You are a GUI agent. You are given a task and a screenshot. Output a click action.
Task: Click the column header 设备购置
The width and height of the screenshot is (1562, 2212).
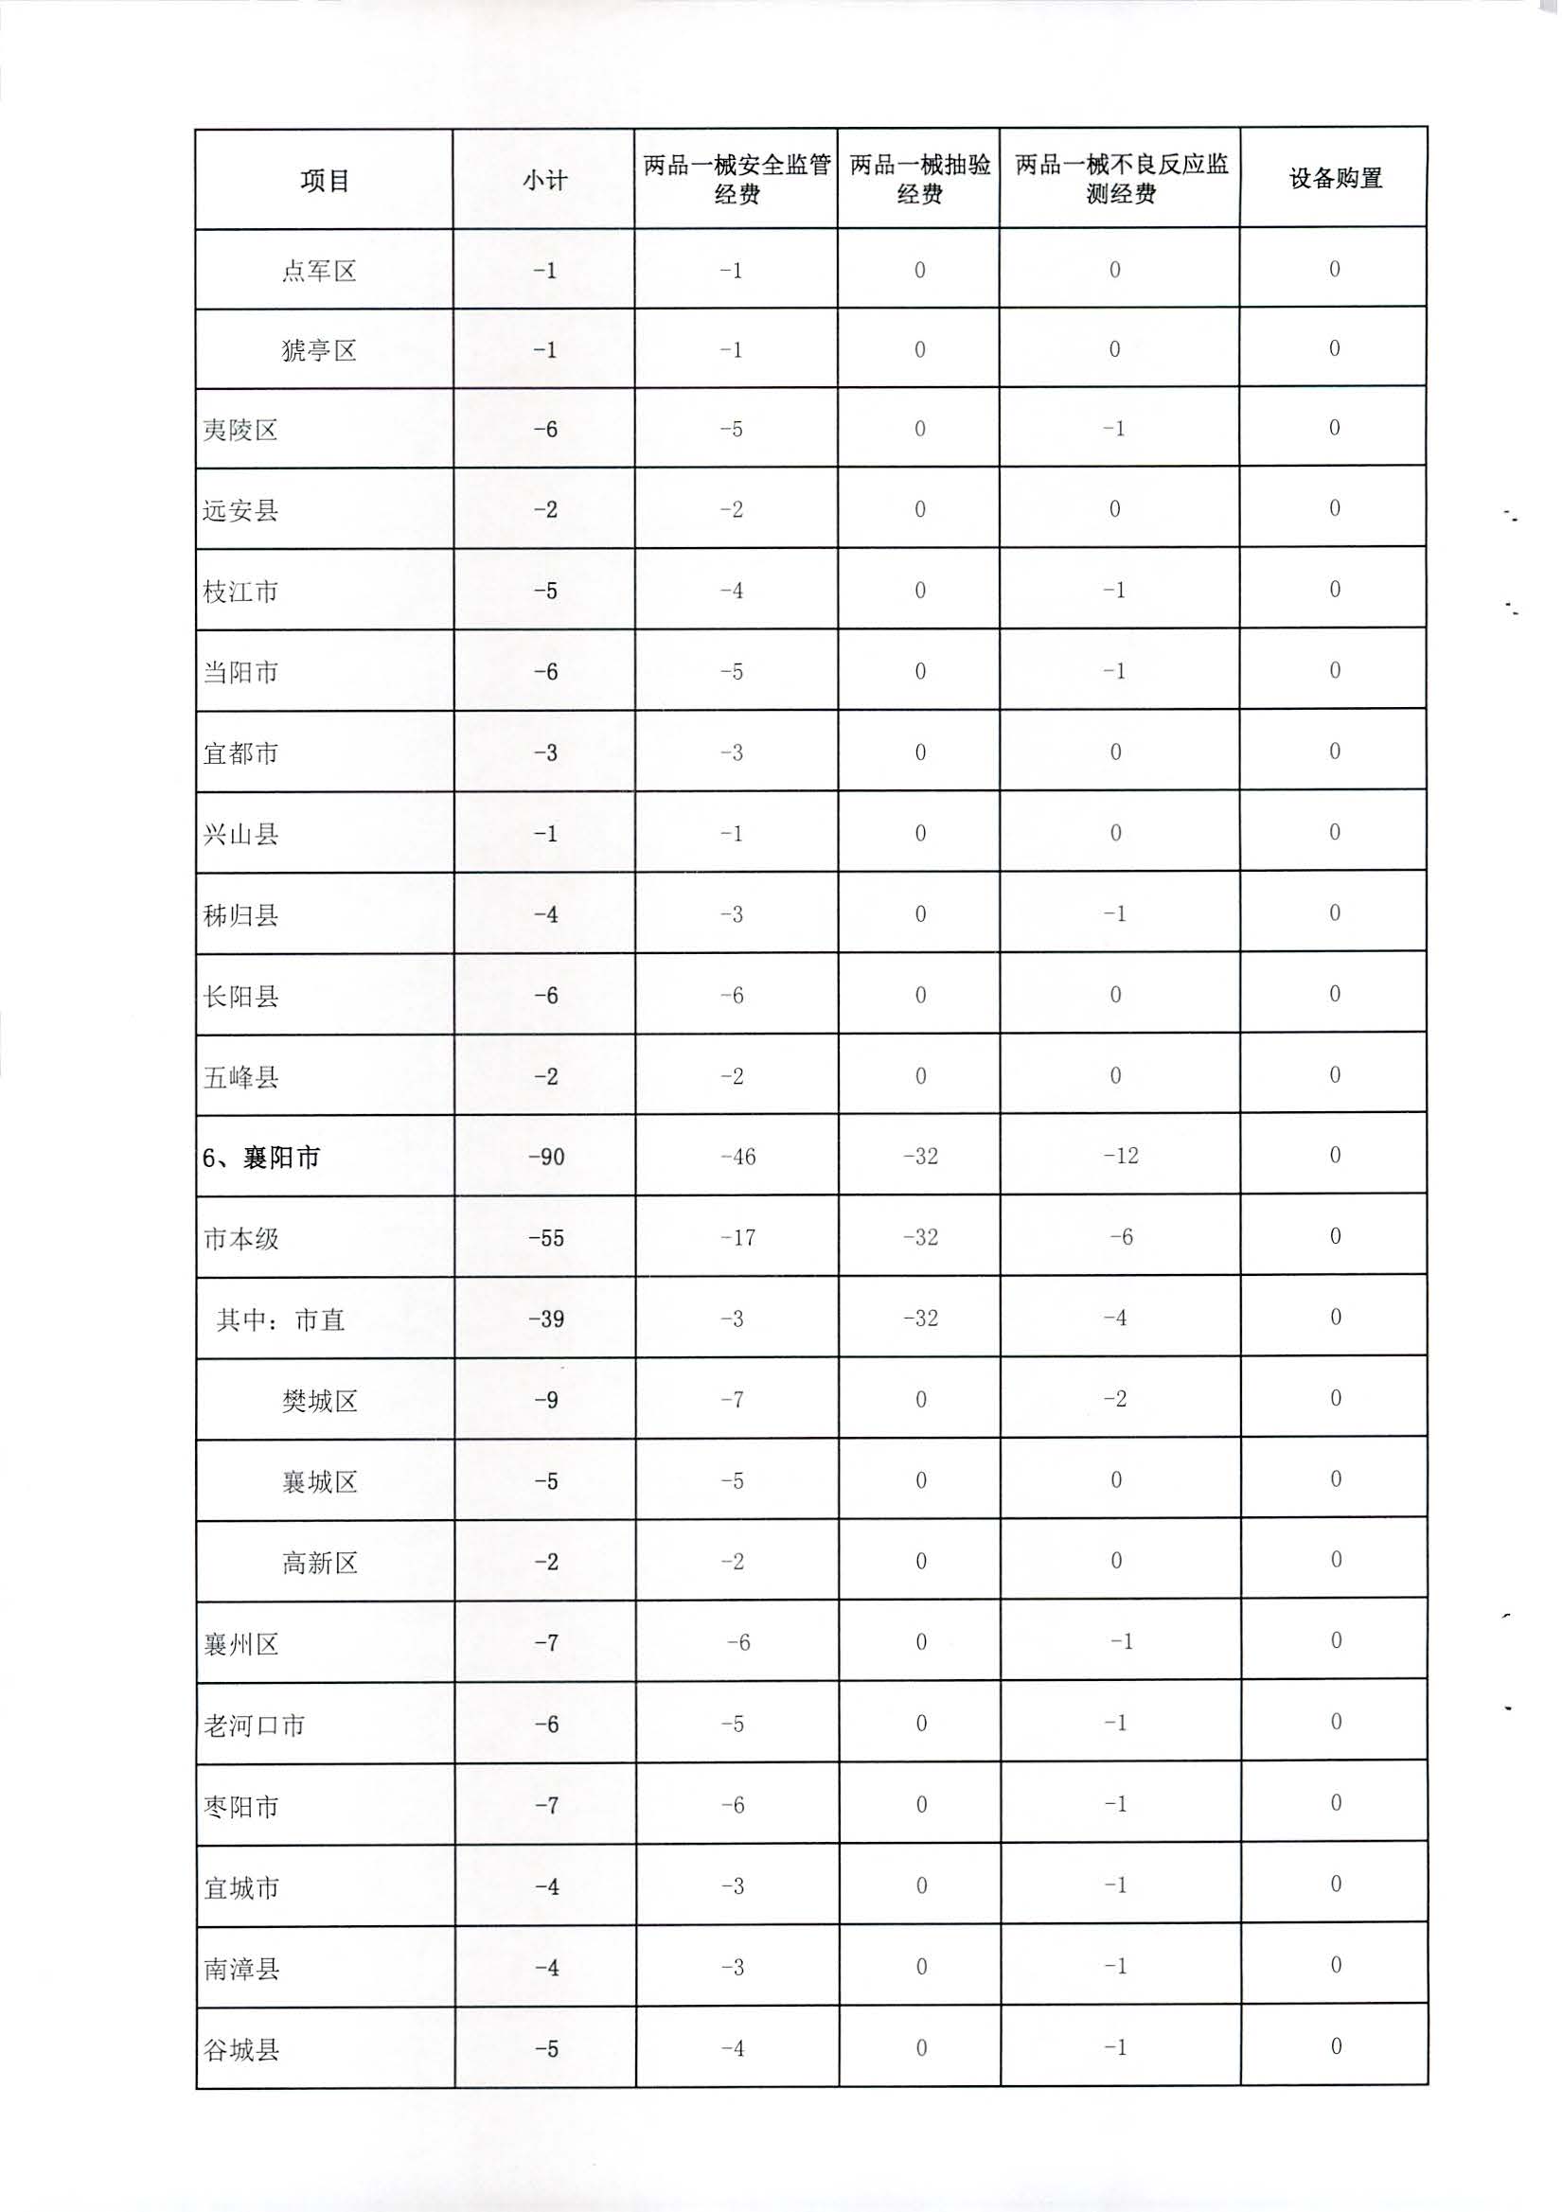(1335, 178)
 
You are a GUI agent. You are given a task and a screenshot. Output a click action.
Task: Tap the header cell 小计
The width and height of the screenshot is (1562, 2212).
(544, 180)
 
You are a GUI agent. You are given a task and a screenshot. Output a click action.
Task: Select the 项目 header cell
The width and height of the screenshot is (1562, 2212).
(324, 180)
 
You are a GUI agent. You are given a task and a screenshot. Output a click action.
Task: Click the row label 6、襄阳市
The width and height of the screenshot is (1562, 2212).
(261, 1157)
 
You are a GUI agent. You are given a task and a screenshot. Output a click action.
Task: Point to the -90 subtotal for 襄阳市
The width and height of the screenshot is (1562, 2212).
(545, 1156)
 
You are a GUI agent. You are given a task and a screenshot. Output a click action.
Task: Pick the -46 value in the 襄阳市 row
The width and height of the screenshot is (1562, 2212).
(737, 1156)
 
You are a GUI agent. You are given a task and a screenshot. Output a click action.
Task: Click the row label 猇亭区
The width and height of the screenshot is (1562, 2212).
(319, 349)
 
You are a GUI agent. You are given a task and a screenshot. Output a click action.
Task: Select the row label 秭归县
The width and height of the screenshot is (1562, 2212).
(240, 914)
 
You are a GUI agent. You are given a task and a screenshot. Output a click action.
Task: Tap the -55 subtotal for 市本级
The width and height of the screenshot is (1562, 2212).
(545, 1238)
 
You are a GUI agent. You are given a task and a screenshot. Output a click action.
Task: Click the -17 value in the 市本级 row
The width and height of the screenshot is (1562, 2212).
(737, 1237)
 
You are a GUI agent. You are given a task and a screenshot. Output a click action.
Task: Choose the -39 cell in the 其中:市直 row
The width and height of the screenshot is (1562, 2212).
(545, 1318)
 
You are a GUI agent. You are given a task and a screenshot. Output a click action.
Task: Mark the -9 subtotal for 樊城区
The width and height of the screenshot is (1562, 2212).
(545, 1400)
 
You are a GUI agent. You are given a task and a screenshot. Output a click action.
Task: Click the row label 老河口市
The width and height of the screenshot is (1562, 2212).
(255, 1725)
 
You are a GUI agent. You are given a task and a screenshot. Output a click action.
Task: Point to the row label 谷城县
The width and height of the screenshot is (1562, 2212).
(240, 2049)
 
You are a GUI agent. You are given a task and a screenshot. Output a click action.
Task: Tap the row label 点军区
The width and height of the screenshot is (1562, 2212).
(319, 271)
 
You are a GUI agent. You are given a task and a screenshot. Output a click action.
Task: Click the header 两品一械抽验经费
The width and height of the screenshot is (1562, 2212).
(919, 179)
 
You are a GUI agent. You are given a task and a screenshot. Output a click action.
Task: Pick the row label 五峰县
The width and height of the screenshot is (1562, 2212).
(240, 1076)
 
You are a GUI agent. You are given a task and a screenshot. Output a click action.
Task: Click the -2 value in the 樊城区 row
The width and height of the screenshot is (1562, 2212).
(1115, 1399)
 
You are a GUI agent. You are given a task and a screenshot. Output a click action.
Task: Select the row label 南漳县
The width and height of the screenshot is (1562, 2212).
(240, 1968)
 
